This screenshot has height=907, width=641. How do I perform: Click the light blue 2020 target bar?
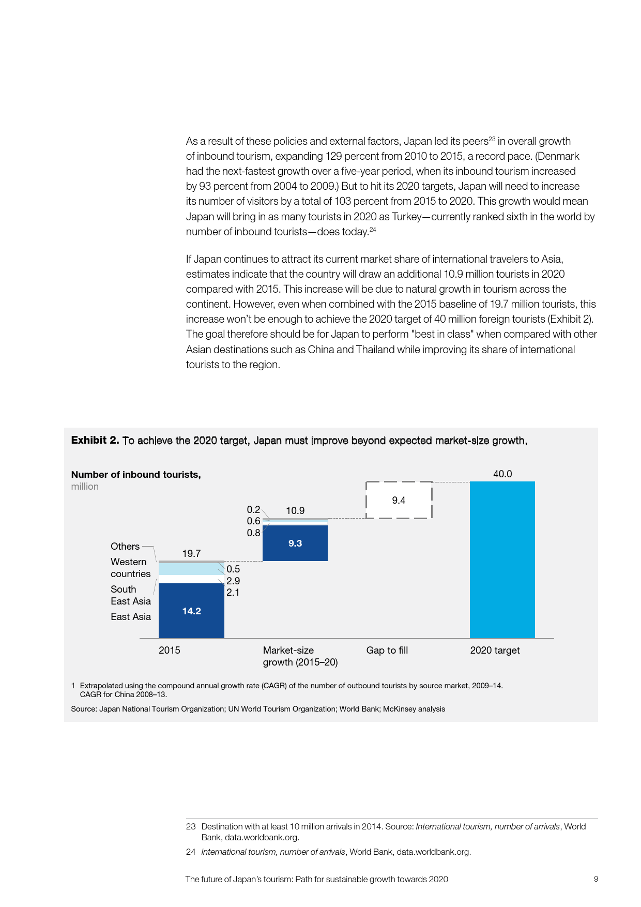(502, 560)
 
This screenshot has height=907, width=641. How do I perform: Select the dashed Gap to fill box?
(399, 500)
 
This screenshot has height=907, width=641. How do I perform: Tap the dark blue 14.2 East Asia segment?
(191, 611)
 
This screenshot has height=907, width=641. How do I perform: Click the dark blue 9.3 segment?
(295, 543)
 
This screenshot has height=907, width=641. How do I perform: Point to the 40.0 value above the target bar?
(502, 474)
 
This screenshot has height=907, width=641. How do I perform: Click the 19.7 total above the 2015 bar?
(191, 553)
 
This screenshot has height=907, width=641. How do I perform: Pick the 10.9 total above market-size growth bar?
(295, 510)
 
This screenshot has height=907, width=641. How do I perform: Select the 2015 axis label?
(170, 650)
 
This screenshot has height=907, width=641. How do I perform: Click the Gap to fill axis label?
(387, 650)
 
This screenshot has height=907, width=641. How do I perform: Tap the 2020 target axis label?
(495, 650)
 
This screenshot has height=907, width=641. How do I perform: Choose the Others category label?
(125, 546)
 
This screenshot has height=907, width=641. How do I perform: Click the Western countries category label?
(130, 568)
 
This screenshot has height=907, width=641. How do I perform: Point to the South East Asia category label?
(130, 595)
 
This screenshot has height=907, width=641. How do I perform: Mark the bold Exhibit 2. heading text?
(95, 440)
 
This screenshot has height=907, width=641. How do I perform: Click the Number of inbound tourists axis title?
(136, 475)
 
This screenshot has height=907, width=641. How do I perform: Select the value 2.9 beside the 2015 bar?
(233, 581)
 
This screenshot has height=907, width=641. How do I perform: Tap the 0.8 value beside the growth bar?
(253, 533)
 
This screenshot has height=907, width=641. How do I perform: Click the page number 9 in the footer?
(596, 879)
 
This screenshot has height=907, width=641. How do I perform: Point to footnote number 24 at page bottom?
(191, 852)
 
